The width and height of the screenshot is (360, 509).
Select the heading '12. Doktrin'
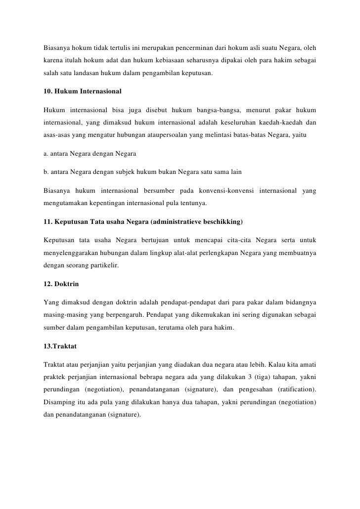[x=61, y=285]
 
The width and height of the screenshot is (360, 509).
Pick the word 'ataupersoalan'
[x=180, y=134]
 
